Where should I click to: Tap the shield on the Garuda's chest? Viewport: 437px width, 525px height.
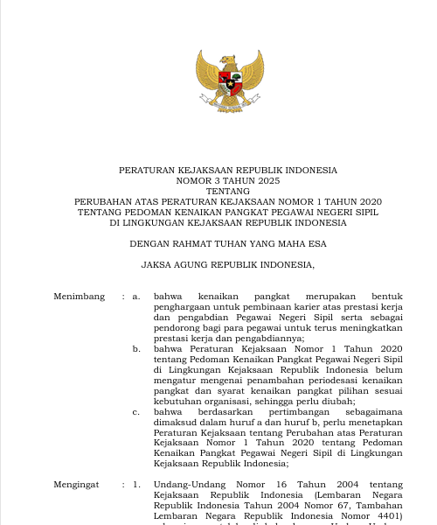click(229, 86)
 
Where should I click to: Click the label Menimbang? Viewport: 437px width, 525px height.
click(80, 297)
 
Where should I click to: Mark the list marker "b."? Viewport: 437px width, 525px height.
click(137, 348)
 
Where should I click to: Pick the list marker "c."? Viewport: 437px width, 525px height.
click(137, 410)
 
